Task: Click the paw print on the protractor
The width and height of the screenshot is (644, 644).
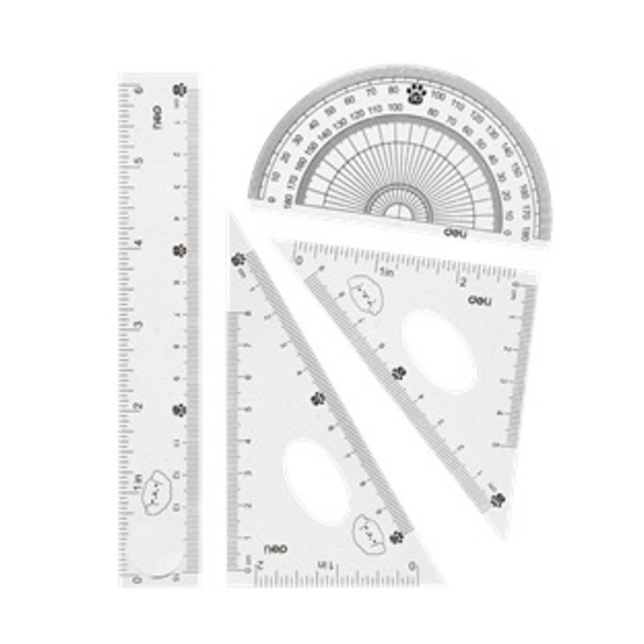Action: [415, 92]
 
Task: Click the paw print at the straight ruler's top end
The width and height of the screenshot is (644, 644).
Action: [179, 90]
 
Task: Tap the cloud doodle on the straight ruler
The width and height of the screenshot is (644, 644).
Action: [155, 492]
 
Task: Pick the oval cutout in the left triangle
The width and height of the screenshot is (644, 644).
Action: [316, 481]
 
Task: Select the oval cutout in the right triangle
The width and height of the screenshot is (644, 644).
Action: [440, 351]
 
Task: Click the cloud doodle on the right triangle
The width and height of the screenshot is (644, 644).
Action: [365, 294]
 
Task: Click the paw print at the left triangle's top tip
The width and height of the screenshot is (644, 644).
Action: [238, 259]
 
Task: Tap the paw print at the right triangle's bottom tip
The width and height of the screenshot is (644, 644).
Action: [497, 499]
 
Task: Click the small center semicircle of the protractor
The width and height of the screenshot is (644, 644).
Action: [398, 211]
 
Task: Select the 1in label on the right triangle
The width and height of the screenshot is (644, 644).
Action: [387, 273]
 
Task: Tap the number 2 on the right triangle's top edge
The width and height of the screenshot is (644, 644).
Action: [463, 280]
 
